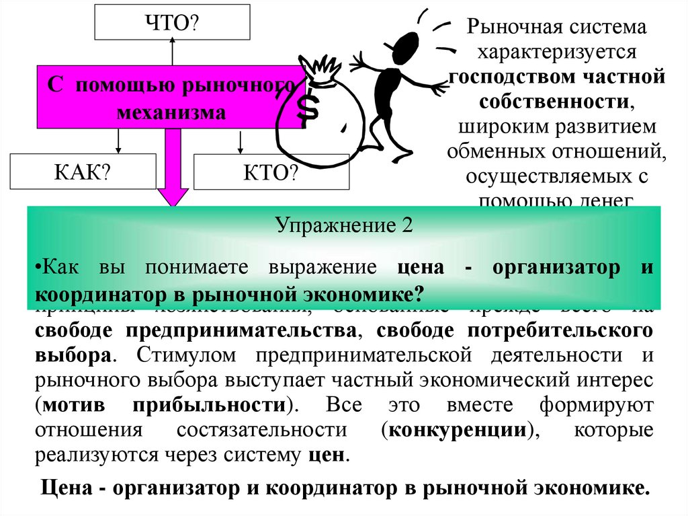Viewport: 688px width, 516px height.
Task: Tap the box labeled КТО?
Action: pos(271,172)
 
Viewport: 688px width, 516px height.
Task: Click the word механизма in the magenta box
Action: pos(171,112)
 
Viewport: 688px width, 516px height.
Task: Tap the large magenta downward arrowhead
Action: pos(173,196)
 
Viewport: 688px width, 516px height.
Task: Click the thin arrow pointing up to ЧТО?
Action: pos(172,52)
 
